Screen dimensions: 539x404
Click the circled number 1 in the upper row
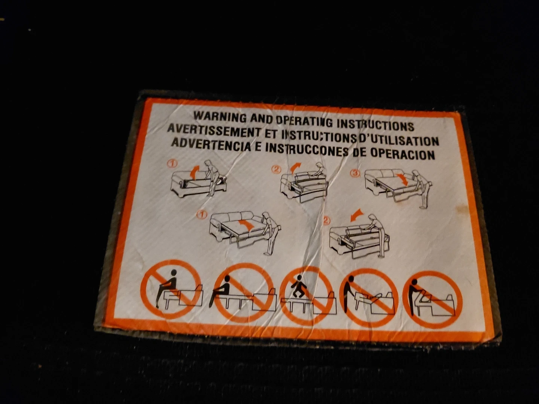click(173, 163)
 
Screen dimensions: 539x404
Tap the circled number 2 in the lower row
click(327, 221)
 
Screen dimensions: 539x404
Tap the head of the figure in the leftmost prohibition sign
click(174, 272)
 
